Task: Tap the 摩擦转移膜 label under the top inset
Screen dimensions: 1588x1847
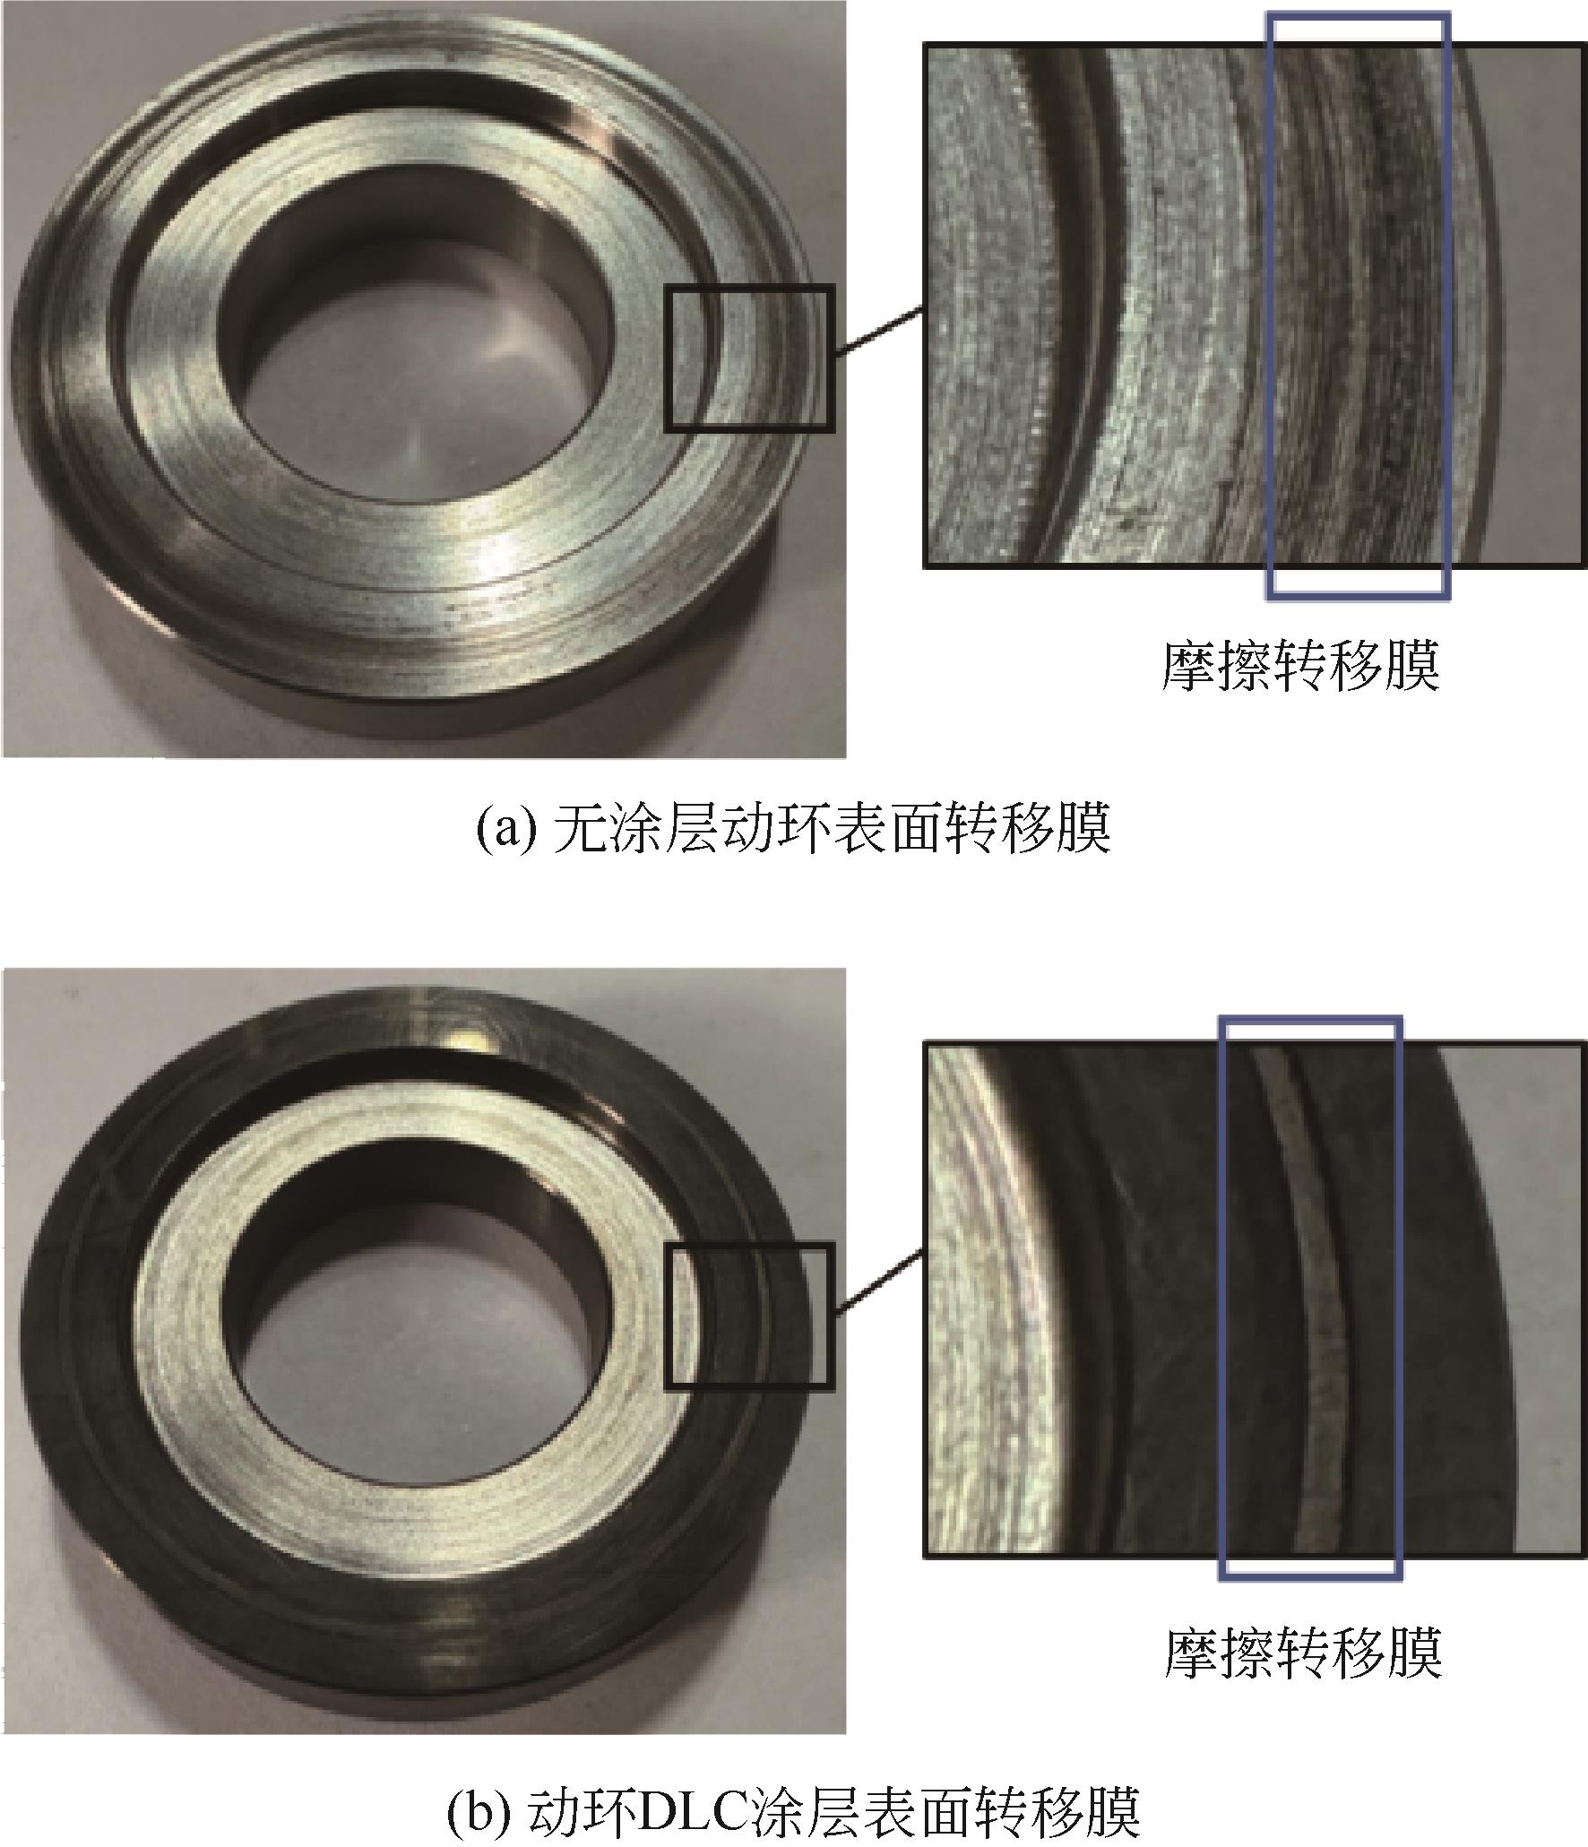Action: pos(1300,664)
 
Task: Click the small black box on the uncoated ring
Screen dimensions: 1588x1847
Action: pos(749,358)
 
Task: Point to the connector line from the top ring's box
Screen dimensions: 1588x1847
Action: pos(878,332)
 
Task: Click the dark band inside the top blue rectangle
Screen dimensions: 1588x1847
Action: pos(1358,305)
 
